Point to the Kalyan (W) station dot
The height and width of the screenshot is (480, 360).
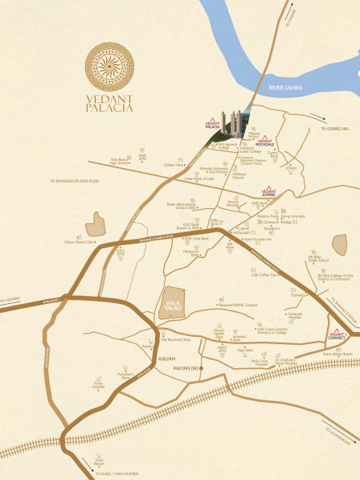coord(202,368)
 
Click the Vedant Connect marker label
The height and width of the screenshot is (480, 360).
coord(337,335)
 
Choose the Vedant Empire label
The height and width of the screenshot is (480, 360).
coord(269,193)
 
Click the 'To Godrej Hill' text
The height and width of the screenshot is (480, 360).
coord(335,129)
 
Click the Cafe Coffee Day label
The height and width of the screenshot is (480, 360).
coord(264,275)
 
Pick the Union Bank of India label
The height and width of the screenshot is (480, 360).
coord(198,178)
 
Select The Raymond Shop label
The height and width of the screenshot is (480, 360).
coord(174,341)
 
